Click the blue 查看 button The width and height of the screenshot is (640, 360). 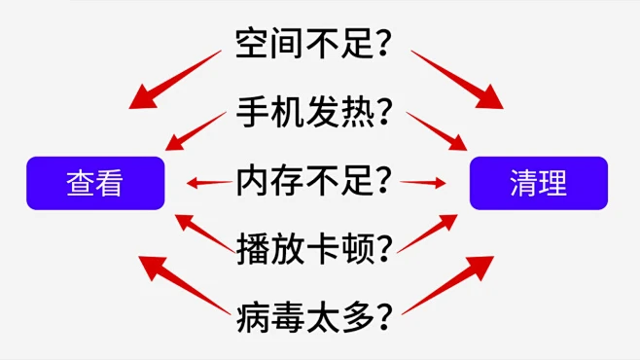point(95,183)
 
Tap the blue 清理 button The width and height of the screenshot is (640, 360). point(539,183)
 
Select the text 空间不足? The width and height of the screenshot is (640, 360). point(319,42)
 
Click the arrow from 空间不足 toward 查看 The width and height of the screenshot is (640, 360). point(177,79)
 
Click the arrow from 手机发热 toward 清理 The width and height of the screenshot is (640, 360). point(437,132)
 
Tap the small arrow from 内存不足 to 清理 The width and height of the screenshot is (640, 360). point(423,182)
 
